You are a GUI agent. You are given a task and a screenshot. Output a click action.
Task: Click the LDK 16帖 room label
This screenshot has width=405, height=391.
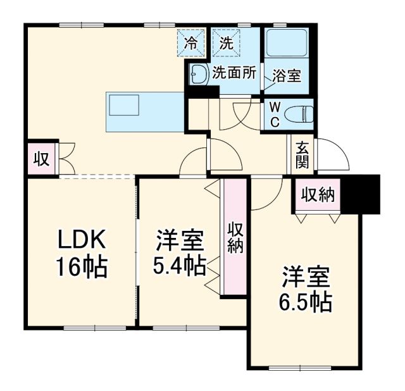82,254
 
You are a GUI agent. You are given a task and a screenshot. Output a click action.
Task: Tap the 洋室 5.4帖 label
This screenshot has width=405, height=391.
180,254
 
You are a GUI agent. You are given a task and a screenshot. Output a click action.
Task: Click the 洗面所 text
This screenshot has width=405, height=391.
234,73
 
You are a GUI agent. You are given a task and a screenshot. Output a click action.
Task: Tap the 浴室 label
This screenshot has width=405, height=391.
286,75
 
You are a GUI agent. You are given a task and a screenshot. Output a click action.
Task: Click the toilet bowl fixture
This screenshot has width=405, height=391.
299,115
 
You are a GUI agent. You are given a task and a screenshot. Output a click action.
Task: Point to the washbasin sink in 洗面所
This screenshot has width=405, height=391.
198,73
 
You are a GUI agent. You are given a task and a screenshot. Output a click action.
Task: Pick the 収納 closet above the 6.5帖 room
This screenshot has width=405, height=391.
318,195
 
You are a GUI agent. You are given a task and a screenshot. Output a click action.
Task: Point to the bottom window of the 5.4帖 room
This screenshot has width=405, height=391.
178,328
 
